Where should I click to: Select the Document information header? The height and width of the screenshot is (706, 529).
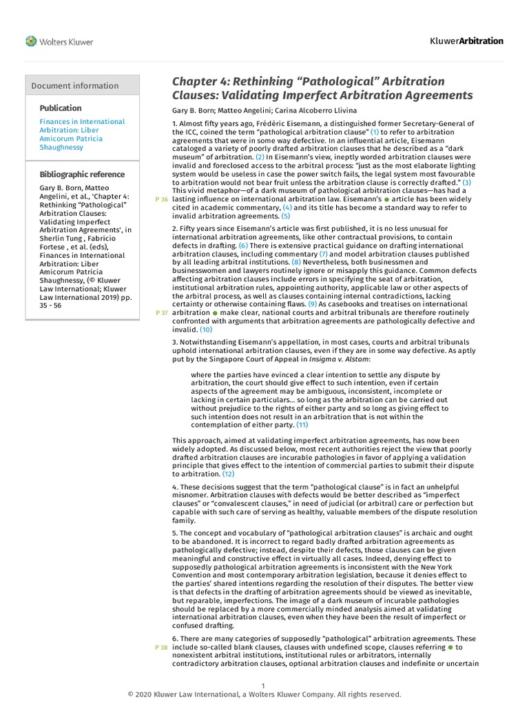[75, 85]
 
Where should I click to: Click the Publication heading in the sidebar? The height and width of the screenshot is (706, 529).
[61, 108]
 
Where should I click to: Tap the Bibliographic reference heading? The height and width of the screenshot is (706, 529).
[82, 174]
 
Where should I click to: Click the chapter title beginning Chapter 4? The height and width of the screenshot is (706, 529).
[322, 88]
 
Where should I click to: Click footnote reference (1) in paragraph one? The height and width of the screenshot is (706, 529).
[375, 131]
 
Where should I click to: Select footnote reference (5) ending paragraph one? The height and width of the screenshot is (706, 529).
[267, 216]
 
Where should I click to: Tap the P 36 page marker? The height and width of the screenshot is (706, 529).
[163, 199]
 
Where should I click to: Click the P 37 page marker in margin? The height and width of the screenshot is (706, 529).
[163, 313]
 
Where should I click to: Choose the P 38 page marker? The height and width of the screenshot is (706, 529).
[163, 647]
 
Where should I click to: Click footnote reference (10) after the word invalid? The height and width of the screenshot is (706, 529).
[206, 330]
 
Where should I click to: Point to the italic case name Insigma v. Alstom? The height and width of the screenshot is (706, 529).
[345, 359]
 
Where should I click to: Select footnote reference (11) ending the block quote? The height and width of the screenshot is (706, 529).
[302, 425]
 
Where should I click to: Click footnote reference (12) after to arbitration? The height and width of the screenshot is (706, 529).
[228, 474]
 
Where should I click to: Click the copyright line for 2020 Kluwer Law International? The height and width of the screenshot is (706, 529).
[264, 694]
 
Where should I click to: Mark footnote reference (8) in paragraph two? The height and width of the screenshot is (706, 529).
[296, 262]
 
